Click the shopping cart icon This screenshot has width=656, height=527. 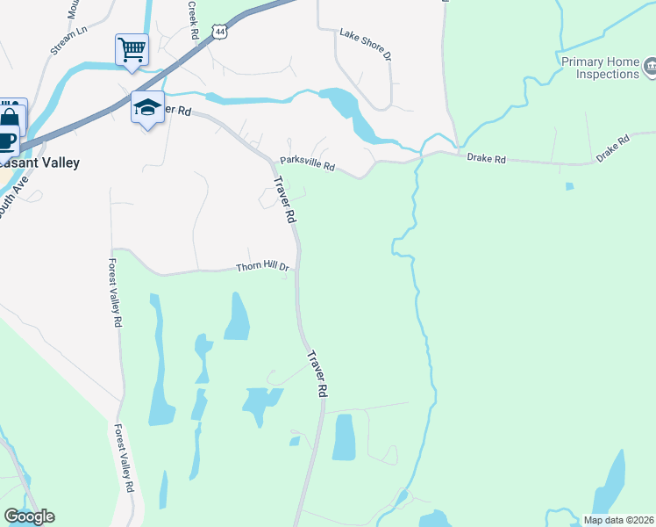(x=132, y=49)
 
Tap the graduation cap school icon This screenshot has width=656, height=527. (x=147, y=108)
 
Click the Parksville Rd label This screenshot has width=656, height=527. (x=307, y=163)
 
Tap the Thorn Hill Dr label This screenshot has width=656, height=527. (x=262, y=267)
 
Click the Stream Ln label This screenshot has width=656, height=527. (x=69, y=40)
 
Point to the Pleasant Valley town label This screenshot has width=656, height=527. (x=40, y=162)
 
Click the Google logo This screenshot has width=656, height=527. (x=29, y=516)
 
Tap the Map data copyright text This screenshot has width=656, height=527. (x=617, y=520)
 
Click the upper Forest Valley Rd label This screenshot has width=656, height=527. (x=114, y=292)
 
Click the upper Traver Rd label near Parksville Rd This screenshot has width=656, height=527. (x=283, y=200)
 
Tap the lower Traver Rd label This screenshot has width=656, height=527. (x=317, y=375)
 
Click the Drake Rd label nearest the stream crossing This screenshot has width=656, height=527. (x=486, y=159)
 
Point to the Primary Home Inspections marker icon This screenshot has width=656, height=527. (x=650, y=65)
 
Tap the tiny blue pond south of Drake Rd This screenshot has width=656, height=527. (x=570, y=186)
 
